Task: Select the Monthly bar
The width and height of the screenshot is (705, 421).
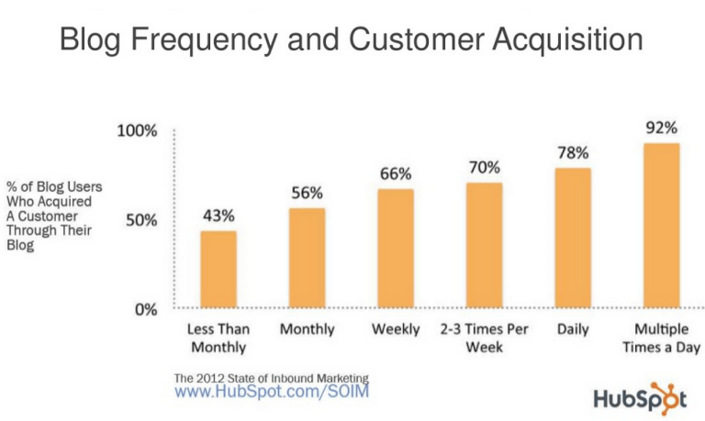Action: [x=308, y=258]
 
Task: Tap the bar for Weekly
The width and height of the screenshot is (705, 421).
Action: [x=396, y=249]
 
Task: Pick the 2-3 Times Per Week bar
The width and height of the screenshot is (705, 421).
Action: [x=484, y=245]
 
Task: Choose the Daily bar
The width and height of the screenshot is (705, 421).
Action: [x=573, y=238]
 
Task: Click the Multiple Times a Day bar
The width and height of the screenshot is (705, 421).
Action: [x=661, y=226]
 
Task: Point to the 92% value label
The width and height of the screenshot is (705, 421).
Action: [x=661, y=127]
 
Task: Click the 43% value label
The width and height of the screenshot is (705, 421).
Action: [x=218, y=216]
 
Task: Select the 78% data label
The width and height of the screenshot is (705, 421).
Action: [x=573, y=152]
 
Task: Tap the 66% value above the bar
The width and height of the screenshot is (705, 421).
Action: [x=396, y=173]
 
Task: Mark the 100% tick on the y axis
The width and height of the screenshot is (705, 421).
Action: [x=137, y=131]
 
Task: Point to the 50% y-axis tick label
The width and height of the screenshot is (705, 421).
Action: [x=140, y=220]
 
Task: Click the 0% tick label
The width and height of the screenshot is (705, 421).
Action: [x=145, y=309]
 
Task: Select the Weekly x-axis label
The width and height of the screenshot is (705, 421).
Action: [x=396, y=329]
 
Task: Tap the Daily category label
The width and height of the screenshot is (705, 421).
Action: [x=573, y=329]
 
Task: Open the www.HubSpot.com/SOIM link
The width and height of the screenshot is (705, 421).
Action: [x=273, y=391]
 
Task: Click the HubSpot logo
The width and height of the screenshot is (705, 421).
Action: [x=640, y=398]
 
